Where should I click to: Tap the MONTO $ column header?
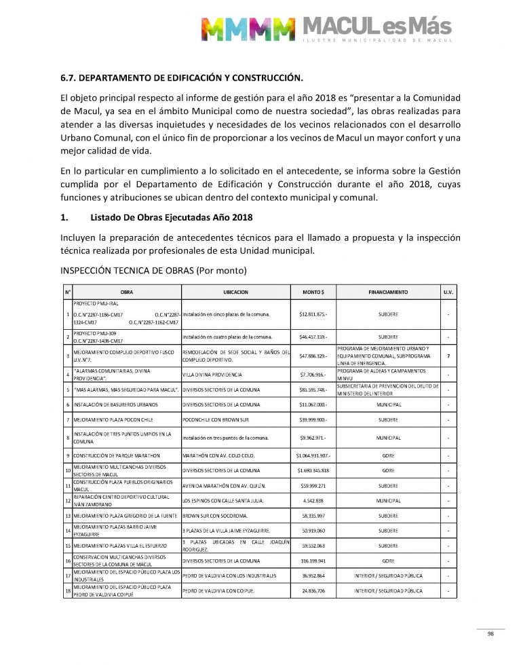tap(313, 292)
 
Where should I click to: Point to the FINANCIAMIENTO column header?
tap(387, 292)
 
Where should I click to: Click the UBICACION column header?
tap(235, 292)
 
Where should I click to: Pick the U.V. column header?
tap(448, 292)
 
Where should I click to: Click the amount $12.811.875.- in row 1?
tap(313, 314)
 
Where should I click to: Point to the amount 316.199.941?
tap(313, 560)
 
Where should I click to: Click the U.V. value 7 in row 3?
tap(448, 356)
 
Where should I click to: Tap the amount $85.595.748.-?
tap(313, 389)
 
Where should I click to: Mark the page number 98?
tap(490, 634)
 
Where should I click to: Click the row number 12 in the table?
tap(68, 501)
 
